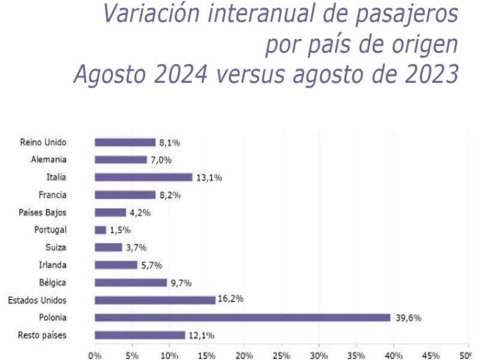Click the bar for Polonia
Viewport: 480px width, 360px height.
(242, 317)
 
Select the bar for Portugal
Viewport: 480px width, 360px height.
(100, 230)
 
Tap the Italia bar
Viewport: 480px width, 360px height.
(143, 177)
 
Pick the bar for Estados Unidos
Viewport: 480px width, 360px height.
(155, 300)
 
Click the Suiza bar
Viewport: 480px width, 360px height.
(109, 247)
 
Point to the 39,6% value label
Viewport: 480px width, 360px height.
(409, 318)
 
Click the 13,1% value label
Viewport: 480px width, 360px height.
(209, 178)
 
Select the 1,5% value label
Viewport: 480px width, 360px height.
(121, 230)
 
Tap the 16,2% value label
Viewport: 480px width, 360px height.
(230, 298)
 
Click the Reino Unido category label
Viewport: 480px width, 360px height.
(43, 142)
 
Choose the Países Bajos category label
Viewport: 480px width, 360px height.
(42, 212)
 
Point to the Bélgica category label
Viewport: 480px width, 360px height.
(52, 282)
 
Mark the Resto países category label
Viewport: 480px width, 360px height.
(42, 335)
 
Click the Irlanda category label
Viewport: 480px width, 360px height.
(52, 265)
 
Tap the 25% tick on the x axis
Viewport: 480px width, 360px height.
(281, 355)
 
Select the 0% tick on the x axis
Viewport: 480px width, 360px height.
(95, 355)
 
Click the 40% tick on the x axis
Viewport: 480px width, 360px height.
(394, 355)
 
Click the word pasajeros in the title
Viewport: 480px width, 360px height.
(407, 14)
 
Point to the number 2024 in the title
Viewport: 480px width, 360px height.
(181, 74)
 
